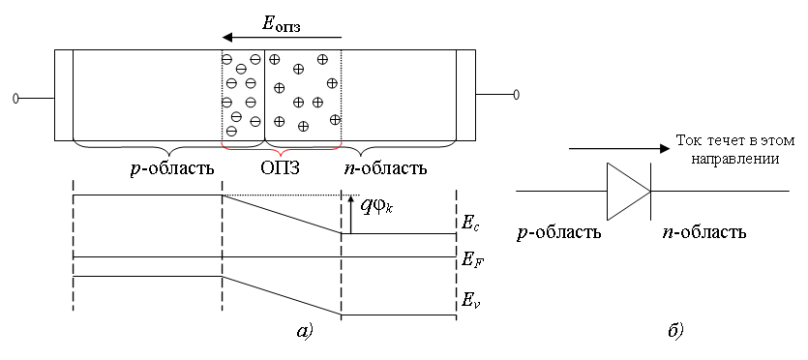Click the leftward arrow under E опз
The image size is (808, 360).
click(282, 37)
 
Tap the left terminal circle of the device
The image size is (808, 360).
click(16, 98)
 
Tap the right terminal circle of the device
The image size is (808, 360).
click(516, 94)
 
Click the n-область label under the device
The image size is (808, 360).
click(385, 168)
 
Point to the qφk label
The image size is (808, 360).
click(375, 207)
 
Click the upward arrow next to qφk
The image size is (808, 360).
click(350, 214)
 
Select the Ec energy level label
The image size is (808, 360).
click(464, 225)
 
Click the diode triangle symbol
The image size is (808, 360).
click(629, 191)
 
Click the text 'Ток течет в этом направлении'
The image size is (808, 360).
click(735, 150)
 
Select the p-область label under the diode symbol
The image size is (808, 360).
click(559, 233)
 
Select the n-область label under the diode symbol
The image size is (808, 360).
click(703, 233)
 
